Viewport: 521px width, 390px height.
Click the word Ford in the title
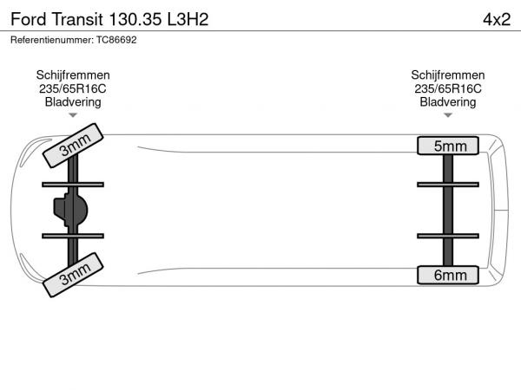(x=29, y=19)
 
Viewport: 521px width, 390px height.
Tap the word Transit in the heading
(x=77, y=19)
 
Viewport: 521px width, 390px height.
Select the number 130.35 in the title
(x=135, y=19)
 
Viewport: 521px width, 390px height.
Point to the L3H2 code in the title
(x=188, y=19)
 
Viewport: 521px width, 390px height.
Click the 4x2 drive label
(x=497, y=19)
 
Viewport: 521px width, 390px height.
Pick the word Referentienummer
(x=52, y=40)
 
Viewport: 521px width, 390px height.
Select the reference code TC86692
(x=116, y=40)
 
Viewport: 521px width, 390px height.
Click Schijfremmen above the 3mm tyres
(x=73, y=75)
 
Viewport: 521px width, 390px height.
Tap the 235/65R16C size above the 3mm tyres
(x=73, y=89)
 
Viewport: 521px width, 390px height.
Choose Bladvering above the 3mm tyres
(x=73, y=102)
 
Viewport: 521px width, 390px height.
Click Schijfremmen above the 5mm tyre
(x=447, y=75)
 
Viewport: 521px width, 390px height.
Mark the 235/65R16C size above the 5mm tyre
(x=447, y=89)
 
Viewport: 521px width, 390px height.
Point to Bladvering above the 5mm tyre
(x=447, y=102)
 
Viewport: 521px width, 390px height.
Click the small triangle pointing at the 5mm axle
(x=448, y=115)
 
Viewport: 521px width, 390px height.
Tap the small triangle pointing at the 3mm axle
(x=73, y=115)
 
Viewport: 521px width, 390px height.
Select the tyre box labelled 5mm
(x=448, y=146)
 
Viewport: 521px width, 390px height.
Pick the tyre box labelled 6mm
(x=448, y=275)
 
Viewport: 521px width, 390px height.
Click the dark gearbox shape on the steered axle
(x=71, y=210)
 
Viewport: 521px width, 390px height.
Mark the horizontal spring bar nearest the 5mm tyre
(x=448, y=185)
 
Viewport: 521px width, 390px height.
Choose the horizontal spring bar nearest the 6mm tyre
(x=448, y=236)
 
